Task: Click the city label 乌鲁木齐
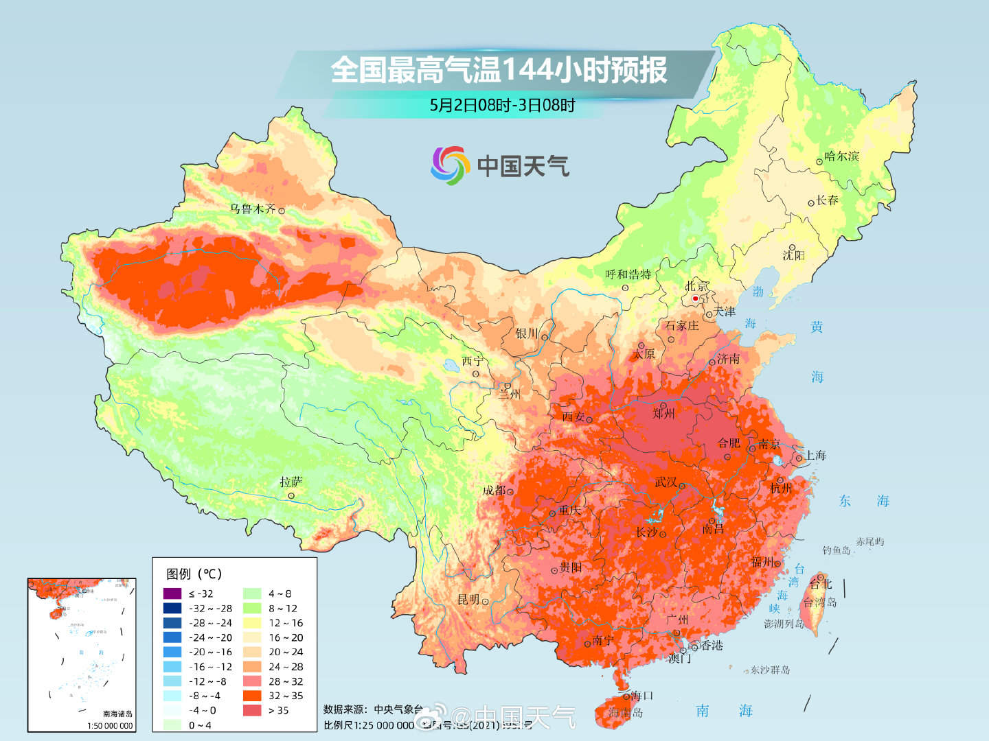[x=252, y=209]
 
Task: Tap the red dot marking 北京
[x=695, y=298]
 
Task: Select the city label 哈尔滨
[x=842, y=156]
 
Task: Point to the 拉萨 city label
[x=291, y=482]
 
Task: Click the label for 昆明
[x=468, y=600]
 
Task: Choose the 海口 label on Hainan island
[x=641, y=695]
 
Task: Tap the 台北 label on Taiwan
[x=821, y=584]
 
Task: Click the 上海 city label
[x=815, y=456]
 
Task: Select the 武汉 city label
[x=666, y=482]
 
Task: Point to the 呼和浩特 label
[x=628, y=274]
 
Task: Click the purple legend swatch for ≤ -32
[x=172, y=593]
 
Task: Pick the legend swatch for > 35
[x=252, y=710]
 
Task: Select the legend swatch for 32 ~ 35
[x=252, y=696]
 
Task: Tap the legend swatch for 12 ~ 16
[x=252, y=623]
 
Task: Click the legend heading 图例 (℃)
[x=194, y=574]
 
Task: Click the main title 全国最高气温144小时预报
[x=499, y=70]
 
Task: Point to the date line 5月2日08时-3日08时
[x=502, y=105]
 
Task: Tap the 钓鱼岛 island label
[x=836, y=550]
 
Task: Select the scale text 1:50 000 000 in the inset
[x=110, y=725]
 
